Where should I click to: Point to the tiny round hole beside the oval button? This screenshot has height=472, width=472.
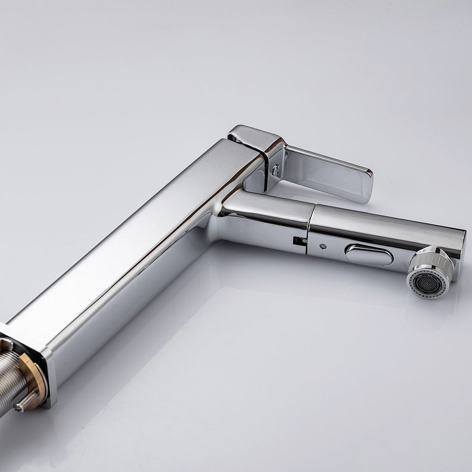point(322,246)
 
